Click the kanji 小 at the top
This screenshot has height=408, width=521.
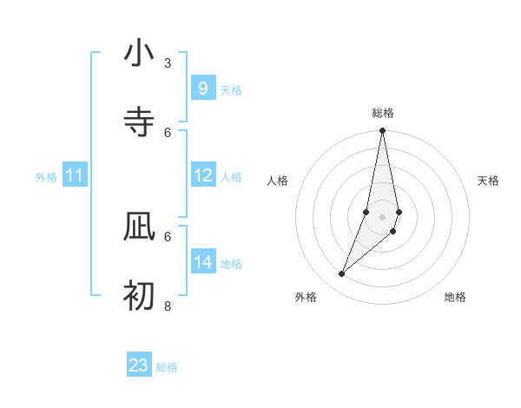click(x=139, y=54)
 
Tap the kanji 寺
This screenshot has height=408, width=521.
click(x=139, y=122)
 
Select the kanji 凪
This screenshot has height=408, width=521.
click(x=139, y=227)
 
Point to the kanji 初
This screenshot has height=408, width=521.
click(x=139, y=295)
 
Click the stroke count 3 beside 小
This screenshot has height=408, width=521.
click(x=168, y=63)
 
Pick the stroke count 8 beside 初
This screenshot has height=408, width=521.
click(x=168, y=306)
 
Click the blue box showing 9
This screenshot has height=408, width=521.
click(x=202, y=89)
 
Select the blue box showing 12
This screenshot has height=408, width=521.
click(x=202, y=176)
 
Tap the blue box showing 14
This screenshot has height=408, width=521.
click(x=202, y=263)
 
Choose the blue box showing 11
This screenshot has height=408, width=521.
click(x=75, y=176)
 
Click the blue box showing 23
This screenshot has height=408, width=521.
click(x=139, y=365)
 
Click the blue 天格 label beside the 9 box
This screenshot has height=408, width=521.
click(x=231, y=89)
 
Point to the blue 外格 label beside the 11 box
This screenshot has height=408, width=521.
click(x=46, y=177)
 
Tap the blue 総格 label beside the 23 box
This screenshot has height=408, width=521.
click(x=168, y=367)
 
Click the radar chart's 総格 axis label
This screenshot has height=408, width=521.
click(x=383, y=113)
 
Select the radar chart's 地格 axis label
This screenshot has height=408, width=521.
click(x=455, y=298)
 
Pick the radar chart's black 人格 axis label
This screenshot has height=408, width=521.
click(x=278, y=181)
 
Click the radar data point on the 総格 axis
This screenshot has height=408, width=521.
click(x=382, y=131)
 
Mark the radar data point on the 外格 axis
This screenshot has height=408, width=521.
click(x=341, y=274)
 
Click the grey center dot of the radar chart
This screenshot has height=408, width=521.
click(x=382, y=216)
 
